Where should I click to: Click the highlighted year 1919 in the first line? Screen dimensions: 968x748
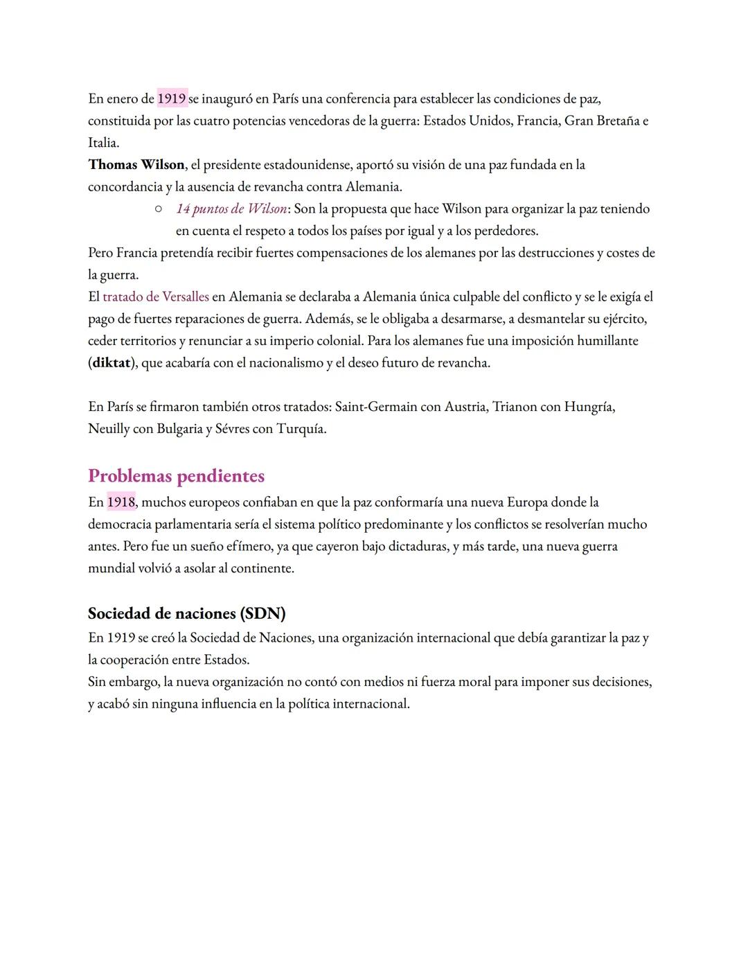172,98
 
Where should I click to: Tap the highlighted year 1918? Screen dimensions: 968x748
121,502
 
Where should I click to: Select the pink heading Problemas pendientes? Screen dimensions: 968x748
176,476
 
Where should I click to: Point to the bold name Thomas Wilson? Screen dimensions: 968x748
136,165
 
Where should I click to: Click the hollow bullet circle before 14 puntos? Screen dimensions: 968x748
159,208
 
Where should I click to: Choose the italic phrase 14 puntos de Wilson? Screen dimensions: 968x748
231,209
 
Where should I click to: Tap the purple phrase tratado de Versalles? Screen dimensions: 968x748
156,297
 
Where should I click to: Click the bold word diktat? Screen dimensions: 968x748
112,363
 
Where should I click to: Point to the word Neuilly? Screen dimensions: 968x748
109,429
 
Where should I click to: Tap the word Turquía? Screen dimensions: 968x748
301,429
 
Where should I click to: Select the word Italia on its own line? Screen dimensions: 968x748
103,143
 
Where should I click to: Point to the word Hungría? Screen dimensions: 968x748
589,407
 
